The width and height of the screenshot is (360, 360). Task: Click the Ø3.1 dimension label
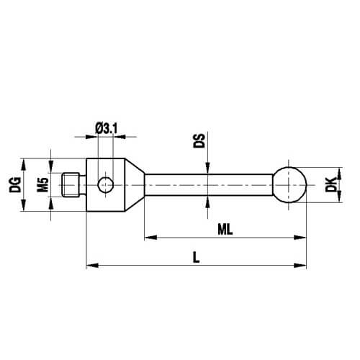coord(107,129)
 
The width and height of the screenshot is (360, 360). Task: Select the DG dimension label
coord(15,185)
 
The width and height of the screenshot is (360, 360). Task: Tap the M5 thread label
coord(43,185)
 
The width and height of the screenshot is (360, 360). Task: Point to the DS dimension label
coord(199,140)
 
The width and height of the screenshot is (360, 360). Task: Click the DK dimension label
coord(331,185)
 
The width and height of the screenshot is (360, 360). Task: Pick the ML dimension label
coord(225,230)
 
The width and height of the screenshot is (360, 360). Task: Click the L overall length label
coord(197,258)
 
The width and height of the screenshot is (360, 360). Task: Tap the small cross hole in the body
coord(106,185)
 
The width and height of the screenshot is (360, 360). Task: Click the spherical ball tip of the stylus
coord(289,185)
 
